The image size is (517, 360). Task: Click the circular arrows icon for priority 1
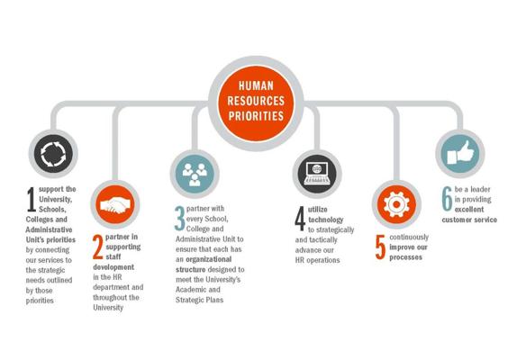pyautogui.click(x=53, y=154)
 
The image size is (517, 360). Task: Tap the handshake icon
pyautogui.click(x=115, y=205)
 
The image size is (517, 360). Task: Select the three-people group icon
pyautogui.click(x=195, y=175)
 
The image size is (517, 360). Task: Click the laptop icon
pyautogui.click(x=317, y=173)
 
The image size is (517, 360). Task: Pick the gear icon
pyautogui.click(x=396, y=204)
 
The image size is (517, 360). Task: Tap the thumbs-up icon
pyautogui.click(x=460, y=153)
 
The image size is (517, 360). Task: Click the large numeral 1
pyautogui.click(x=32, y=199)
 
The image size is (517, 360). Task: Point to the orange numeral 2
pyautogui.click(x=98, y=247)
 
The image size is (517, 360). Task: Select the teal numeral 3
pyautogui.click(x=180, y=219)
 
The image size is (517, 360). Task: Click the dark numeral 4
pyautogui.click(x=300, y=219)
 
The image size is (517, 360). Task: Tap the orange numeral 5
pyautogui.click(x=380, y=247)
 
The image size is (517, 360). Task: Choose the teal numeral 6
pyautogui.click(x=447, y=199)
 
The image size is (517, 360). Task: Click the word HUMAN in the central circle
pyautogui.click(x=256, y=86)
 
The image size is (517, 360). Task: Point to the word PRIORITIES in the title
pyautogui.click(x=256, y=116)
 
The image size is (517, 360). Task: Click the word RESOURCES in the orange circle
pyautogui.click(x=256, y=101)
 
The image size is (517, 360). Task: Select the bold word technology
pyautogui.click(x=326, y=220)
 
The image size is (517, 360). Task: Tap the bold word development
pyautogui.click(x=113, y=266)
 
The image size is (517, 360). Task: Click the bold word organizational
pyautogui.click(x=208, y=259)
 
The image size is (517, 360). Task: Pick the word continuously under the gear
pyautogui.click(x=409, y=237)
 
